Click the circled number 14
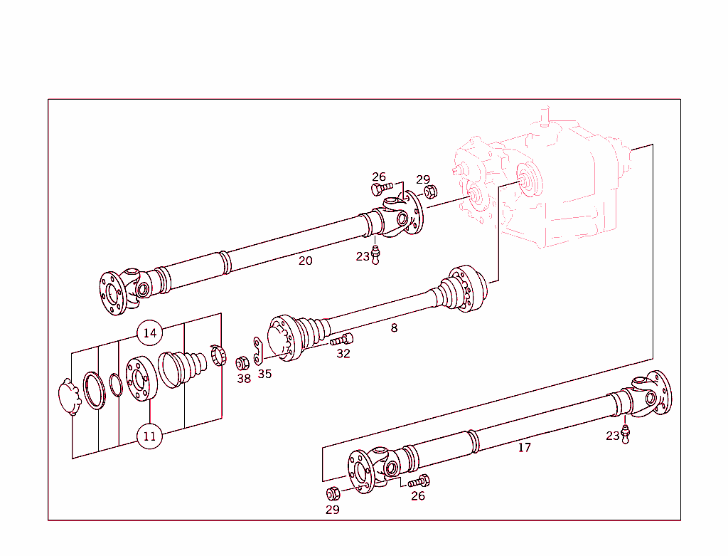click(149, 332)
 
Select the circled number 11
click(149, 436)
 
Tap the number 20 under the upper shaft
click(305, 261)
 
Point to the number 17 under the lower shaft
click(524, 448)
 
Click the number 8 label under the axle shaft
click(394, 328)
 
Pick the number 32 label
click(343, 354)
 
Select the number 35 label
click(264, 374)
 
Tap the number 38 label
click(244, 379)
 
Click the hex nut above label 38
click(242, 363)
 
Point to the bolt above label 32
click(342, 340)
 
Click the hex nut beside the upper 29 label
click(429, 192)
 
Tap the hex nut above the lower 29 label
click(332, 493)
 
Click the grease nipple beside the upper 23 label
click(375, 254)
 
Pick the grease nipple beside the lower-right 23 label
click(626, 434)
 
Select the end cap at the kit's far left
click(69, 397)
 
